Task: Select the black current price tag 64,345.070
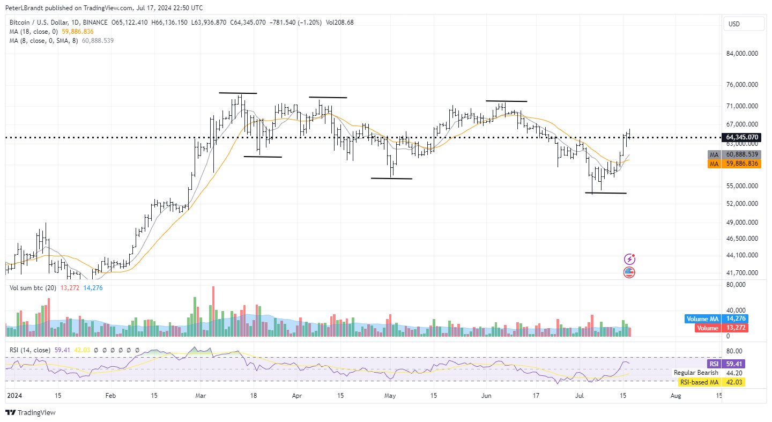pyautogui.click(x=742, y=137)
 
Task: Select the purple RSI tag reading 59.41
pyautogui.click(x=733, y=364)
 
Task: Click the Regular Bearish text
pyautogui.click(x=696, y=373)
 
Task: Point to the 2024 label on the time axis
pyautogui.click(x=13, y=396)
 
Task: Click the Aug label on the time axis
pyautogui.click(x=676, y=396)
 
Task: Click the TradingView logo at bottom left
pyautogui.click(x=31, y=413)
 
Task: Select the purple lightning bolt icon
pyautogui.click(x=630, y=260)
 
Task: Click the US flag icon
pyautogui.click(x=629, y=272)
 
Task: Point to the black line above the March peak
pyautogui.click(x=238, y=93)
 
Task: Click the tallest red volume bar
pyautogui.click(x=213, y=311)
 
